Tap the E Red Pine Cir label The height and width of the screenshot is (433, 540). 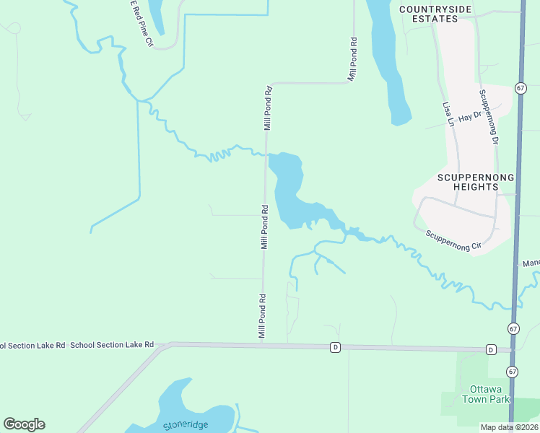click(x=141, y=23)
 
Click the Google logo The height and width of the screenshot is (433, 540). click(x=24, y=424)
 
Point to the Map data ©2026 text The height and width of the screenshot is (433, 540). click(x=509, y=427)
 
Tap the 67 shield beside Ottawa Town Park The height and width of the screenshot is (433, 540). click(x=512, y=372)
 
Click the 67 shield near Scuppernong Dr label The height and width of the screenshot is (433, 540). click(x=521, y=87)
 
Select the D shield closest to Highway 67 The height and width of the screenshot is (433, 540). click(x=491, y=350)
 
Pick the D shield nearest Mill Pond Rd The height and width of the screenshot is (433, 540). click(x=335, y=347)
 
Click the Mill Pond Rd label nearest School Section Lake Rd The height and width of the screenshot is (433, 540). click(x=263, y=316)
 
